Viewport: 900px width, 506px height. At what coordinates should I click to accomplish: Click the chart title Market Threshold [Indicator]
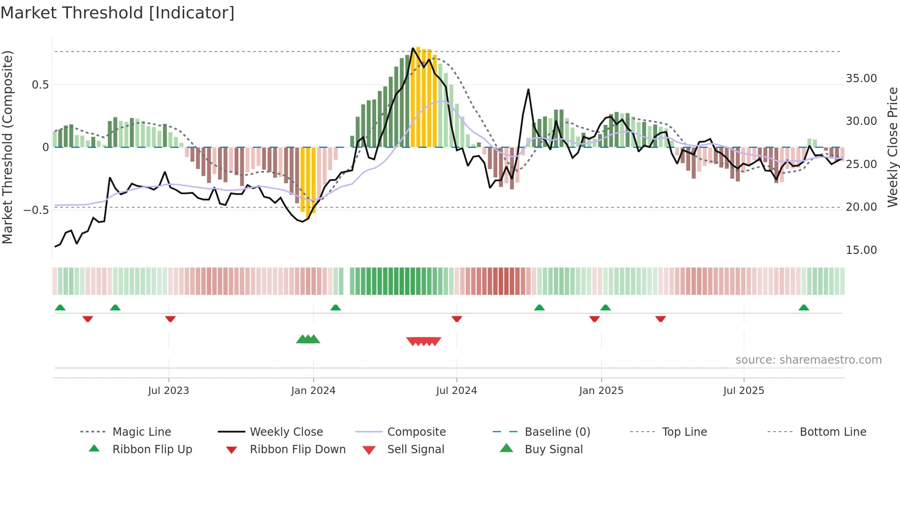coord(118,13)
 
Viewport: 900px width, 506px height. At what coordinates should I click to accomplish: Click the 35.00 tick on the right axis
coord(861,79)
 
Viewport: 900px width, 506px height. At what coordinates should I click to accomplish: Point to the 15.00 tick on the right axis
coord(861,250)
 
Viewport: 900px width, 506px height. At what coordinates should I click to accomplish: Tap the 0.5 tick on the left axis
coord(40,85)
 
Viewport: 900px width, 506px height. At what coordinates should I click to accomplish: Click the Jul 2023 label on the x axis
coord(169,391)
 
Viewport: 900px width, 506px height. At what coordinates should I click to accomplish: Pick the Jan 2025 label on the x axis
coord(601,391)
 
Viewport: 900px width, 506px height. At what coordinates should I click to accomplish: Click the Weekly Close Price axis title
coord(892,147)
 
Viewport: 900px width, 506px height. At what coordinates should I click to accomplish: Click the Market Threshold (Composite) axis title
coord(7,147)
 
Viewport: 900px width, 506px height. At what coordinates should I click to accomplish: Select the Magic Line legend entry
coord(141,432)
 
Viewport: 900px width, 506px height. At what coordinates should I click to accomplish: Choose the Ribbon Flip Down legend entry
coord(297,450)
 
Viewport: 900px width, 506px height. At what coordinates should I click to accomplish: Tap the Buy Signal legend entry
coord(553,450)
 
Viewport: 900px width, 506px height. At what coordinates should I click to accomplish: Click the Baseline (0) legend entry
coord(557,432)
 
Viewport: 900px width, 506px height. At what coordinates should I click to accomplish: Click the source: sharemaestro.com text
coord(808,360)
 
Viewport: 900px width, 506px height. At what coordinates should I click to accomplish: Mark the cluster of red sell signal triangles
coord(424,341)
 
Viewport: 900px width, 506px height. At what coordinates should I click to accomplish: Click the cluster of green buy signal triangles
coord(308,339)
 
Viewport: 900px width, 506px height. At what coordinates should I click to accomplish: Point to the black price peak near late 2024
coord(529,90)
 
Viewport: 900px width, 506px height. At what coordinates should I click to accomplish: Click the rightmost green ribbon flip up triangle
coord(804,308)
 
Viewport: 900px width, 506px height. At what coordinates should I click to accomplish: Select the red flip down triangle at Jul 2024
coord(456,319)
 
